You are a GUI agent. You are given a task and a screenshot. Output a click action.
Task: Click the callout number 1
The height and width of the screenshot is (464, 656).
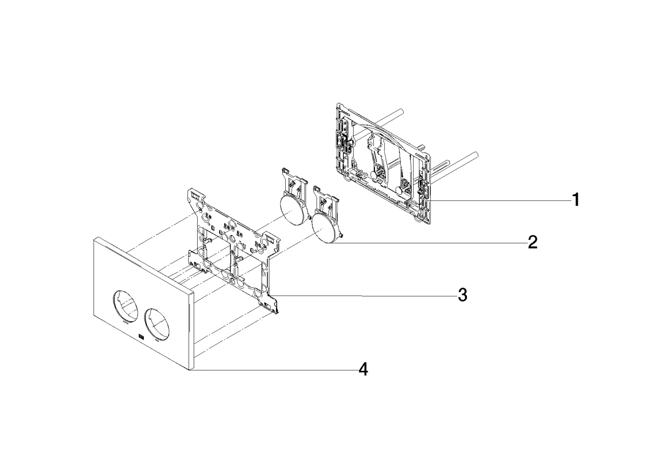[576, 200]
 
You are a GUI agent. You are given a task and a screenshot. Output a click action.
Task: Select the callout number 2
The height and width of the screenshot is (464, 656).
[533, 243]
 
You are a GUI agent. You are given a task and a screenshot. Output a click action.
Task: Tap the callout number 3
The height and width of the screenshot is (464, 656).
[463, 295]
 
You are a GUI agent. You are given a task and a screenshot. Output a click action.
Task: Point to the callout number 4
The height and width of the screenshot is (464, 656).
[363, 369]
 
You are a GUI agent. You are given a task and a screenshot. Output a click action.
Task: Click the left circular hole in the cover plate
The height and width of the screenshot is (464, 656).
[125, 306]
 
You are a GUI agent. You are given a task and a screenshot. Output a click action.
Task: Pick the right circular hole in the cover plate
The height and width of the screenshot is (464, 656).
[157, 324]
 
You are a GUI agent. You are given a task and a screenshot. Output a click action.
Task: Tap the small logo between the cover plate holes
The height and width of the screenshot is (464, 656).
[141, 337]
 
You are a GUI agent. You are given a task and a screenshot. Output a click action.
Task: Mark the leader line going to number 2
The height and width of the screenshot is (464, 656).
[427, 243]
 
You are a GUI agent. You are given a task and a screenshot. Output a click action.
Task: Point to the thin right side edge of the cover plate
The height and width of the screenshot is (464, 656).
[192, 331]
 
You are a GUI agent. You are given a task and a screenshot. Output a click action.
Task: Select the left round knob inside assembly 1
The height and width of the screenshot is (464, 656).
[374, 175]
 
